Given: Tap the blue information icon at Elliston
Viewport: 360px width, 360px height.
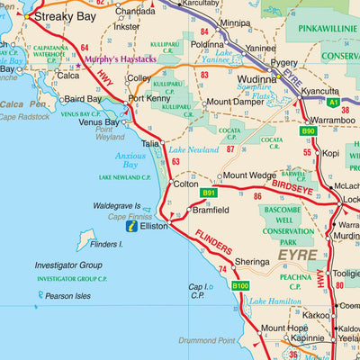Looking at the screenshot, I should tap(133, 227).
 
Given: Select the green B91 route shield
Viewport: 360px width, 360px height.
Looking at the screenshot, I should tap(209, 193).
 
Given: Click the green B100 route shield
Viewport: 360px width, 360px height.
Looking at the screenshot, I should tap(239, 286).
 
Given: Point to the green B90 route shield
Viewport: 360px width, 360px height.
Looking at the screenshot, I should tap(308, 131).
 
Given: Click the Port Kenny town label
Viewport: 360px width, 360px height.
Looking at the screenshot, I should tap(148, 98).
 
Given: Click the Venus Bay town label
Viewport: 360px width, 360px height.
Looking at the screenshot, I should tap(99, 122).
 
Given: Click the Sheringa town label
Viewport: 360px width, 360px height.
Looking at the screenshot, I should tap(252, 262).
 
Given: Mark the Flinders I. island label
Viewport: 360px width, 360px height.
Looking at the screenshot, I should tap(107, 244).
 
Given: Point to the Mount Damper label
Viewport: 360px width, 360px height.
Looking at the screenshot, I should tap(236, 103).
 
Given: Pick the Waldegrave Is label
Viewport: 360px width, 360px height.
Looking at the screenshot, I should tap(121, 206).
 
